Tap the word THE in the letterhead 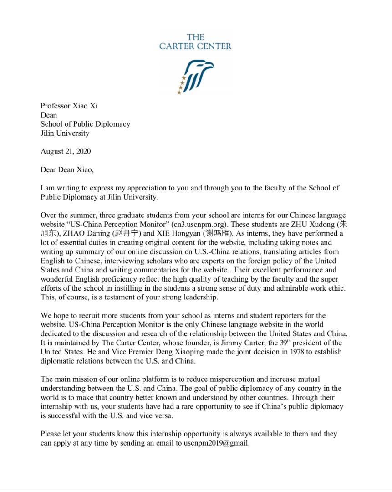pyautogui.click(x=195, y=37)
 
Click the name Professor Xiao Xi pyautogui.click(x=69, y=106)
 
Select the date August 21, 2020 pyautogui.click(x=66, y=151)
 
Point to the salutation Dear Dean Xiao pyautogui.click(x=67, y=170)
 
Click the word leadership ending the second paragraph pyautogui.click(x=199, y=297)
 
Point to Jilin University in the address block pyautogui.click(x=65, y=133)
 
